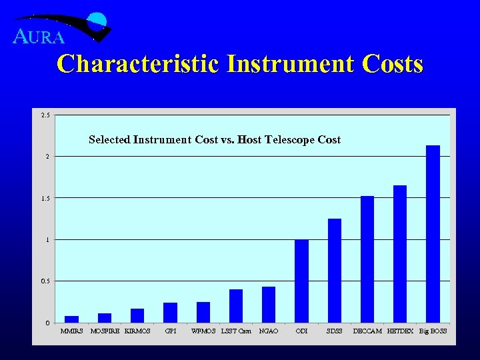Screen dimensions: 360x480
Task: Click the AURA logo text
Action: pos(39,37)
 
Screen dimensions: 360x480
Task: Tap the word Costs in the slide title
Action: pos(393,64)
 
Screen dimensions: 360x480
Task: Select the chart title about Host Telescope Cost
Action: pos(215,140)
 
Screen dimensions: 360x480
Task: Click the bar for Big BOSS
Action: pos(433,233)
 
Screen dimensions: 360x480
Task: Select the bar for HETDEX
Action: pos(400,253)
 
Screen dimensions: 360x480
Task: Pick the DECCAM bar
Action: pos(367,259)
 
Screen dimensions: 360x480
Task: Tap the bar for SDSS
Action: pos(335,270)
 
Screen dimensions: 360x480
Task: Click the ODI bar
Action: pos(301,281)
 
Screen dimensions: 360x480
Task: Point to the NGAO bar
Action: pos(269,305)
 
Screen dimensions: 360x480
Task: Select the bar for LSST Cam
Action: pos(236,306)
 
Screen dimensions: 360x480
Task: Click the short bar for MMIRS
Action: pos(71,319)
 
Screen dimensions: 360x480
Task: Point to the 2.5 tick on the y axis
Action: pos(45,115)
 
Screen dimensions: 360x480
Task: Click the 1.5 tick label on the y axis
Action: pos(45,198)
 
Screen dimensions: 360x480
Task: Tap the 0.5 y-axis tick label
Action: pos(45,281)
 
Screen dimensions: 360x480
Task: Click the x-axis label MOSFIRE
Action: pos(105,331)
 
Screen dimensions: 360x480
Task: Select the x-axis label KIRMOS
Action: pos(137,331)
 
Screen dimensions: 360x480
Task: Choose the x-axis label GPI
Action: pos(170,331)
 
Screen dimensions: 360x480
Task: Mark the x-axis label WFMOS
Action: pos(203,331)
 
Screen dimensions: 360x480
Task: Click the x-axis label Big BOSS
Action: pos(433,331)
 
